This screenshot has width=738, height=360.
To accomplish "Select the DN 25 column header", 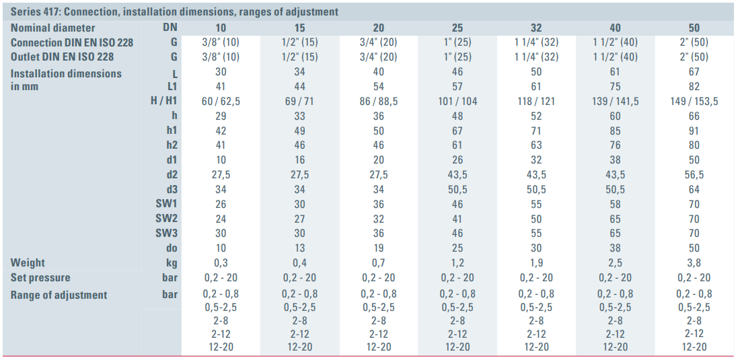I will tap(457, 28).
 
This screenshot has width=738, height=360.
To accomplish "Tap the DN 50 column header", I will tap(694, 28).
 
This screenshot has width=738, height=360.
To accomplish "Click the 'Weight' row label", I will tap(28, 262).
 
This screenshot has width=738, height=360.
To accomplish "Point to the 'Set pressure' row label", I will tap(40, 277).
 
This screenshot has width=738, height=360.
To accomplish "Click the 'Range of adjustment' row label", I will tap(59, 295).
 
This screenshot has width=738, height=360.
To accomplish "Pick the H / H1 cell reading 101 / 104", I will tap(457, 101).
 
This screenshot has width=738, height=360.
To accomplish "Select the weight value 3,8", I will tap(694, 262).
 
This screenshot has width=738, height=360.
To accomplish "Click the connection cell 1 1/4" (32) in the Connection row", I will tap(536, 42).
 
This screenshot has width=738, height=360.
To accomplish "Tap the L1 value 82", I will tap(694, 86).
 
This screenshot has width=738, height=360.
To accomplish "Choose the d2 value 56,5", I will tap(694, 174).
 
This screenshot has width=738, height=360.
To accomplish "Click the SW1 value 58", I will tap(615, 204).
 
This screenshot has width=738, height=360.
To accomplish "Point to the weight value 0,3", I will tap(221, 262).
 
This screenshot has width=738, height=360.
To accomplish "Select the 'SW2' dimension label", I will tap(166, 219).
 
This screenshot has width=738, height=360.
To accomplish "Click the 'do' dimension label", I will tap(172, 248).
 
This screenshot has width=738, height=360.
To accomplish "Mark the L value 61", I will tap(615, 71).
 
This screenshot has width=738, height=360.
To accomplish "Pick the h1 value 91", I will tap(694, 131).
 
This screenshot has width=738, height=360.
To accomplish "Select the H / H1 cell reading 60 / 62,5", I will tap(221, 101).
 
